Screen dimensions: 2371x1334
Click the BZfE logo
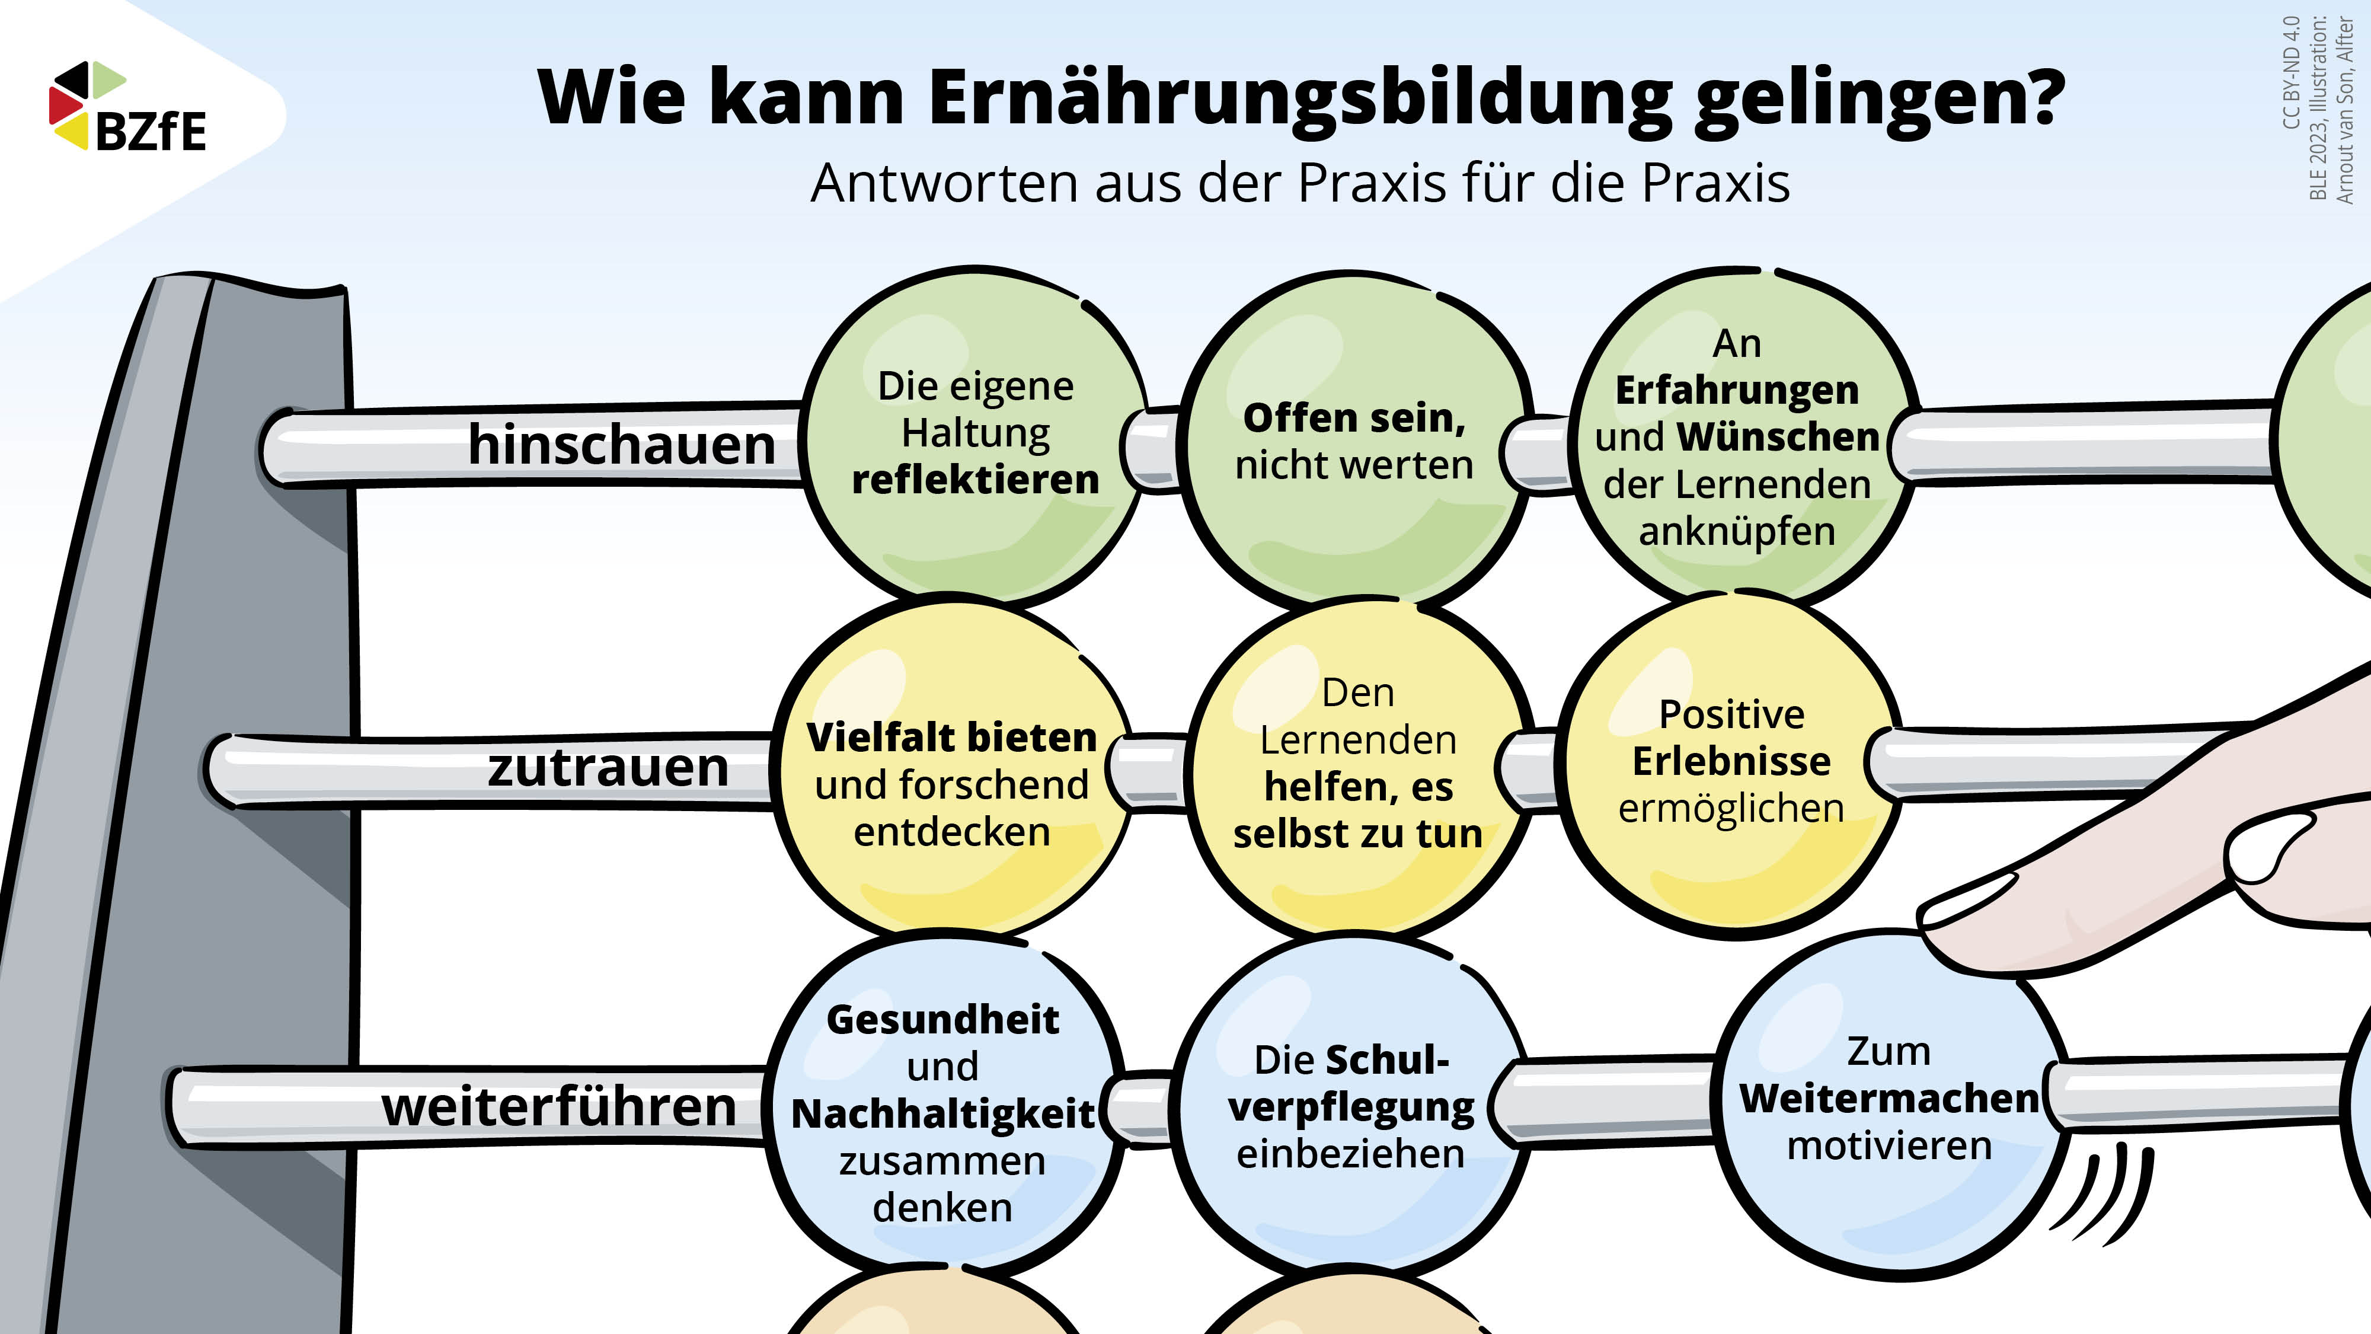point(128,106)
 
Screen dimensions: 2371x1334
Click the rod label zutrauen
point(608,767)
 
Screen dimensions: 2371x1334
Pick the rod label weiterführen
point(559,1106)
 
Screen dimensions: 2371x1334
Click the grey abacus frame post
point(184,801)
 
